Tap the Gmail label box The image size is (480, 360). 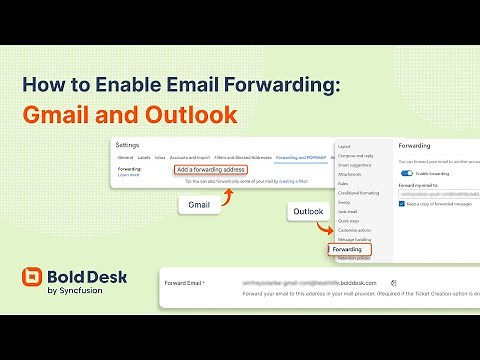(x=200, y=205)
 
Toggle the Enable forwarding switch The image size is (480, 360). (x=406, y=173)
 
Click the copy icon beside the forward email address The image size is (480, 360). (x=394, y=283)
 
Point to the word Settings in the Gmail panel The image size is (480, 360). (x=128, y=145)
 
